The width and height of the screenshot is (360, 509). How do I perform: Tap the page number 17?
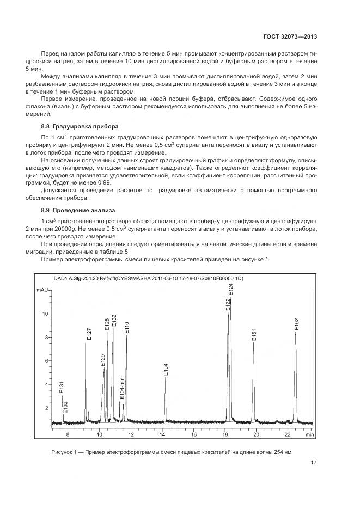click(314, 463)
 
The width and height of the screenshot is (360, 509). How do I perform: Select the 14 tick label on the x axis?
click(162, 435)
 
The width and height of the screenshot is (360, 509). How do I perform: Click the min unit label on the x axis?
click(309, 435)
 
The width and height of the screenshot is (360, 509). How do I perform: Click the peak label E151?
click(254, 335)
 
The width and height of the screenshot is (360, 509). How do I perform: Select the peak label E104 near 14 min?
click(166, 369)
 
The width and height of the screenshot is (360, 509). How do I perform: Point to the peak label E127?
click(89, 334)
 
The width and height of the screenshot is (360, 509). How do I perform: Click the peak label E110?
click(127, 327)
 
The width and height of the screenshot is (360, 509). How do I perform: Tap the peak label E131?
click(62, 387)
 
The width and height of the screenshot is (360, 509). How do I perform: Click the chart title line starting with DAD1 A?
click(148, 278)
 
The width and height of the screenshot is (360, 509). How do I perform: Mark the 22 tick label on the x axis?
click(288, 435)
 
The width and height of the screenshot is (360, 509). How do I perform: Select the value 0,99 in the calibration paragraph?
click(103, 182)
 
